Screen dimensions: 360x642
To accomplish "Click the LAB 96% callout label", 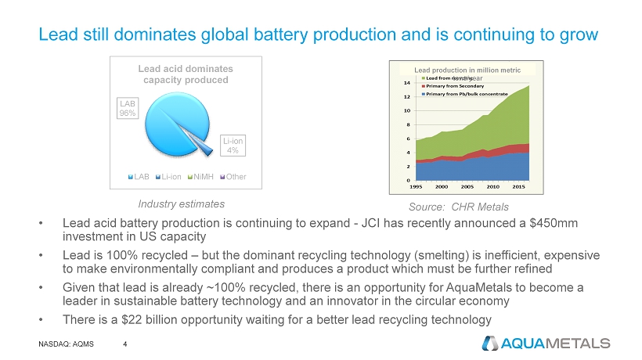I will point(128,108).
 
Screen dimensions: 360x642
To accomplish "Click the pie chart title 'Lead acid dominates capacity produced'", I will point(185,74).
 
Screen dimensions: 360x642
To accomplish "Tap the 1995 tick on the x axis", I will point(420,186).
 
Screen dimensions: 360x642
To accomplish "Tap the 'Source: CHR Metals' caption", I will point(459,207).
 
